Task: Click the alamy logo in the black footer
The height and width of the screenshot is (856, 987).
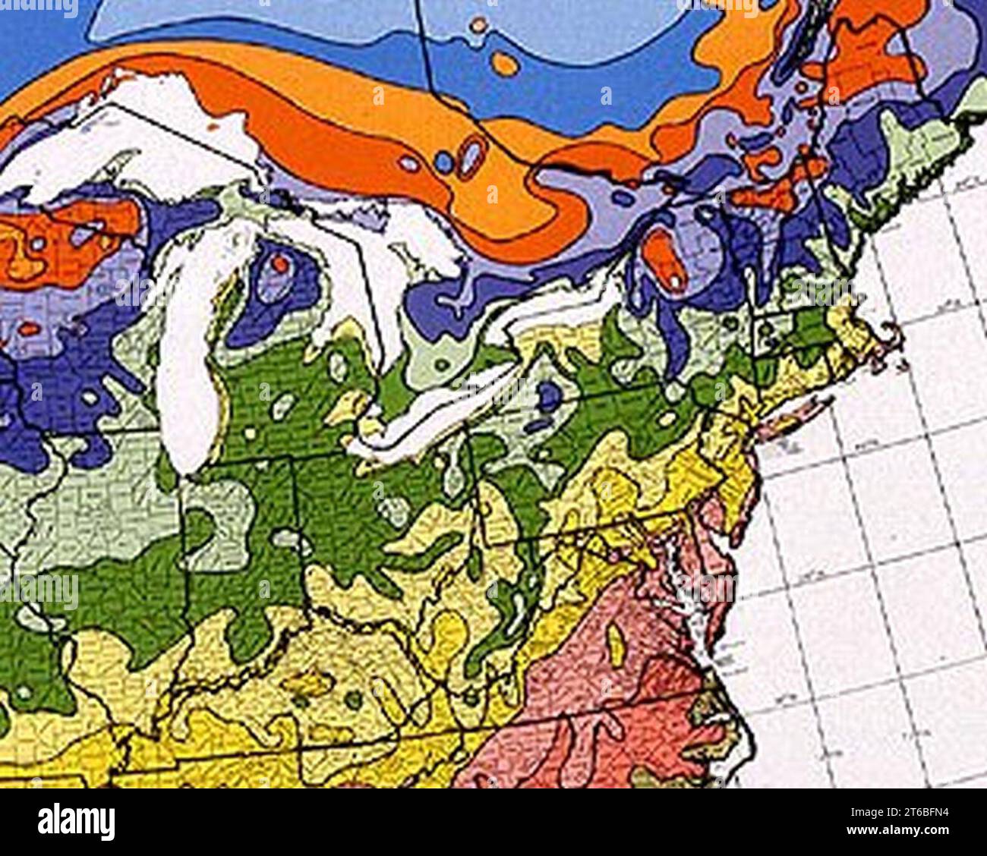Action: point(77,821)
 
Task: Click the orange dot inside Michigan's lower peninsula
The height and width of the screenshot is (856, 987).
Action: point(280,264)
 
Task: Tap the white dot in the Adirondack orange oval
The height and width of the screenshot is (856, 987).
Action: point(674,281)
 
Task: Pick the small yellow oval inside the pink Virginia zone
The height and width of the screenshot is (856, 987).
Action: point(616,645)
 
